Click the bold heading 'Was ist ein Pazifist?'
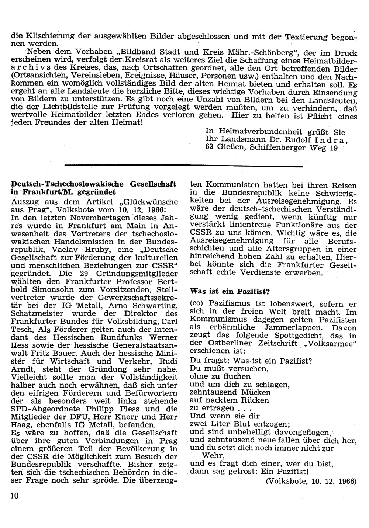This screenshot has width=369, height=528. click(230, 291)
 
